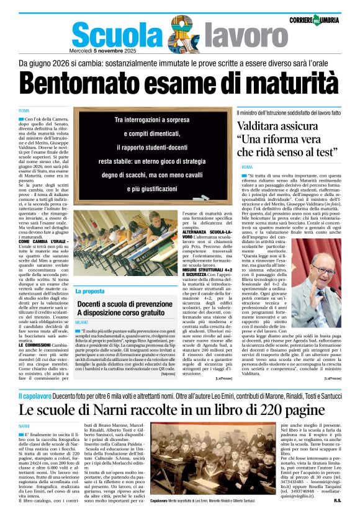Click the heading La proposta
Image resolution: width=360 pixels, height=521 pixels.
90,291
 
